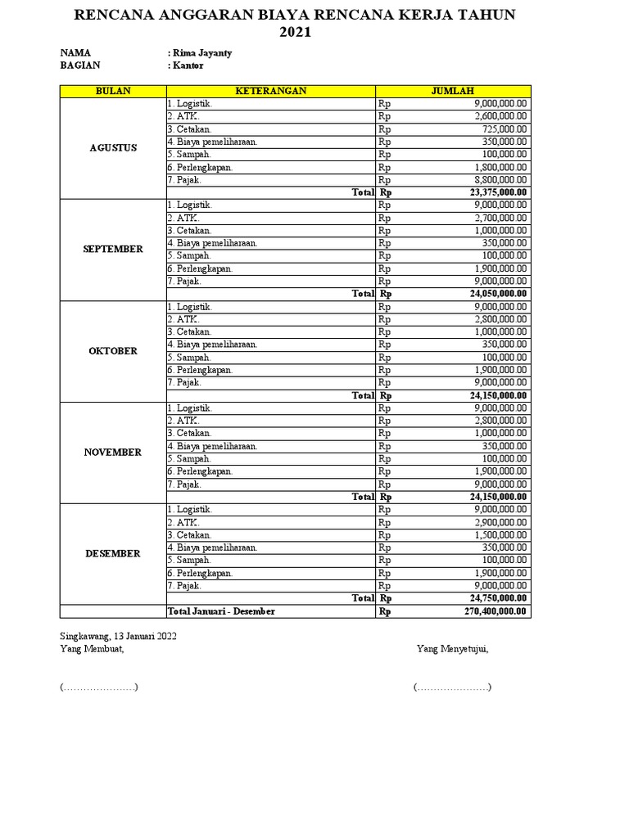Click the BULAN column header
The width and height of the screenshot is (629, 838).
pos(113,91)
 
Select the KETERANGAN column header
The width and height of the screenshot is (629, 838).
pos(271,91)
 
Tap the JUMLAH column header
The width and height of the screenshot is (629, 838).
pos(453,91)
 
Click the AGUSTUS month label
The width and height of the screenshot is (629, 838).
pos(113,148)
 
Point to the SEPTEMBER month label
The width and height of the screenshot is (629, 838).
pos(113,250)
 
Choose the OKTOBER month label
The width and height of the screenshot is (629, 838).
pos(113,351)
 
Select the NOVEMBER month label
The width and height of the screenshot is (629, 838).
pos(113,453)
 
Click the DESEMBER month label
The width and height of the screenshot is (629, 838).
pos(113,554)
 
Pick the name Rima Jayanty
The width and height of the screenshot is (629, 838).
pos(201,53)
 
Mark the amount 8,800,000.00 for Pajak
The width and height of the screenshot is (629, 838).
pos(500,180)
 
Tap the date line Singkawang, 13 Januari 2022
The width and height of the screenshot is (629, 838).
pos(118,636)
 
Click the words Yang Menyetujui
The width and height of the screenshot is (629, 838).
pos(453,649)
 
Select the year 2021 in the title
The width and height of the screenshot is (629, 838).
pos(295,33)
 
